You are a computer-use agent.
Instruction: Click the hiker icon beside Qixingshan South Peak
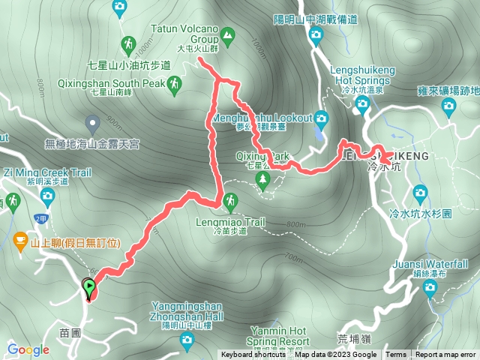[x=175, y=84]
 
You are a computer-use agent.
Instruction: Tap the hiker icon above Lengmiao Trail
[x=229, y=201]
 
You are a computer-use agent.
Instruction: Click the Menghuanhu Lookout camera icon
[x=321, y=118]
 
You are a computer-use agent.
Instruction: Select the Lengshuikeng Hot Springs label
[x=362, y=74]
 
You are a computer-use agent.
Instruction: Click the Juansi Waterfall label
[x=430, y=264]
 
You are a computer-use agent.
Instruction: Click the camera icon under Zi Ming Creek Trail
[x=47, y=196]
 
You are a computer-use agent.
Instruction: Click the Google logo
[x=28, y=349]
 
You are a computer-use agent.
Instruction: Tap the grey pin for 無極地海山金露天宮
[x=91, y=121]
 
